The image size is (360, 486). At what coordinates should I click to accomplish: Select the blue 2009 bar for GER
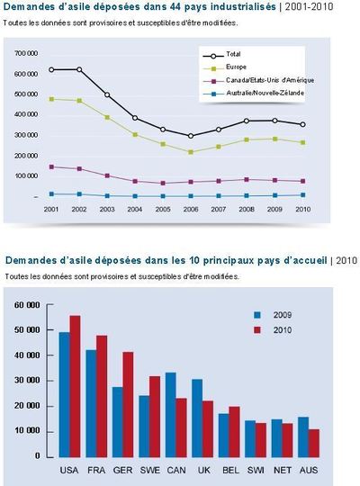(117, 421)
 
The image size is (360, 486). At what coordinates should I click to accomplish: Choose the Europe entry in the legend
(236, 67)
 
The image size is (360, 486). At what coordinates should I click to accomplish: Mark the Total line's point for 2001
(52, 69)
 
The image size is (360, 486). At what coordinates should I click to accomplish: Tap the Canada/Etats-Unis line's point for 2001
(52, 166)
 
